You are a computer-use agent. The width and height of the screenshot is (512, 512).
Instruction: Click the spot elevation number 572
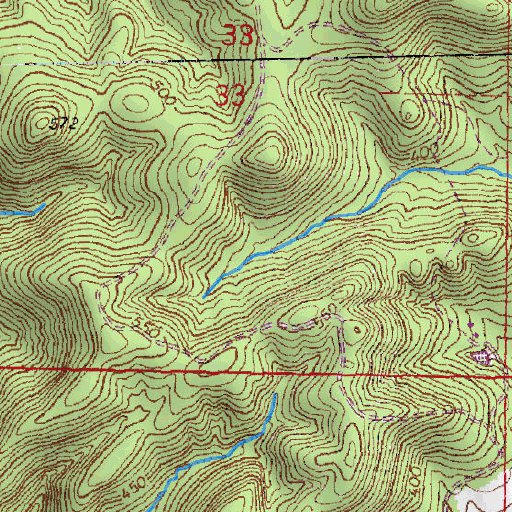pos(63,124)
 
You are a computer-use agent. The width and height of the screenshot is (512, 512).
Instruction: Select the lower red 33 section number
pos(231,96)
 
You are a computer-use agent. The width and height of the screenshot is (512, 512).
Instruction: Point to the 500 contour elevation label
pos(161,97)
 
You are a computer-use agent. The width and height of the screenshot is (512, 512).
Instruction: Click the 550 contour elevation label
pos(149,328)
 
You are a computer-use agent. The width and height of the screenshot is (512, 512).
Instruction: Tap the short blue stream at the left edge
pos(20,211)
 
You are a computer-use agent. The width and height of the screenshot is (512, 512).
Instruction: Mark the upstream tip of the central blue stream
pos(203,297)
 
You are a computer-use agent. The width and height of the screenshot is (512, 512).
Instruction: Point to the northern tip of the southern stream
pos(273,396)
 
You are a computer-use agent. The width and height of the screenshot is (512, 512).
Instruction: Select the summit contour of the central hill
pos(267,156)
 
